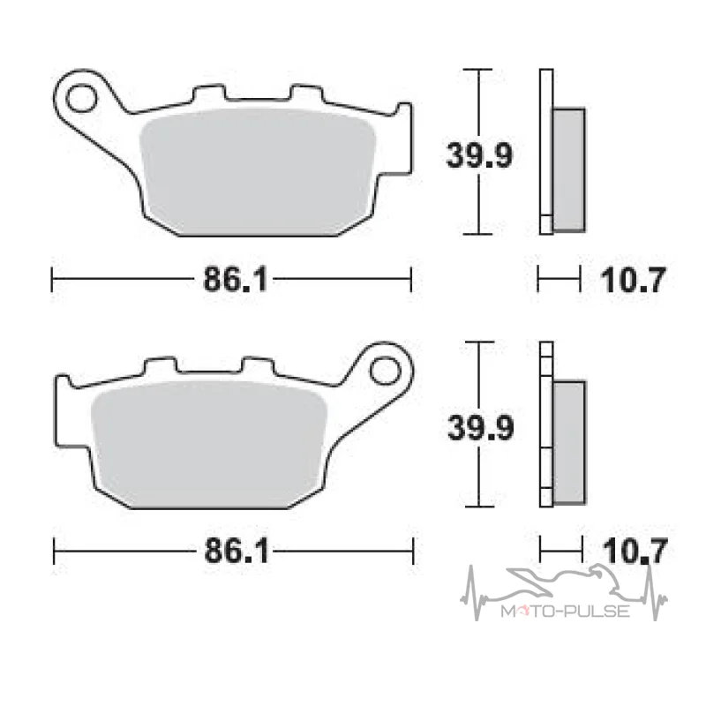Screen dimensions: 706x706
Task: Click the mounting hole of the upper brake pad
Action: pos(81,99)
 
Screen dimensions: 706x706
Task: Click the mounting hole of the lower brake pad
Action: pos(385,371)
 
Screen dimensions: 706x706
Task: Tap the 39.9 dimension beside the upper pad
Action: pos(479,156)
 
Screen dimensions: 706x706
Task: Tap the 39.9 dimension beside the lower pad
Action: pos(480,428)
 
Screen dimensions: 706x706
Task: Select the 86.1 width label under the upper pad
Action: pos(236,279)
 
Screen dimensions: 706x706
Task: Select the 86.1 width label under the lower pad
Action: pos(237,551)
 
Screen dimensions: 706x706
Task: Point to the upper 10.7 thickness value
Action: pos(632,280)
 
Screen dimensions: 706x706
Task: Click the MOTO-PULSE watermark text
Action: pos(565,611)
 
